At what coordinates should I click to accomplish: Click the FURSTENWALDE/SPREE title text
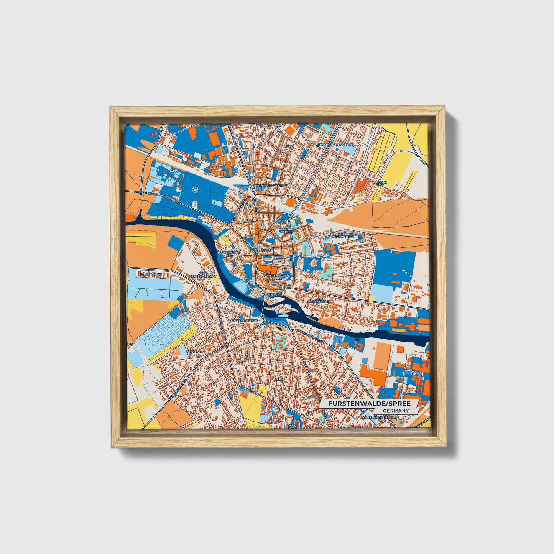(369, 403)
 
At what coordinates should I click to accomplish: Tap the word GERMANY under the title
(396, 411)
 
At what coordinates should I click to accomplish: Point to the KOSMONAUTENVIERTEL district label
(337, 145)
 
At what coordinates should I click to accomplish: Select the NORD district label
(289, 146)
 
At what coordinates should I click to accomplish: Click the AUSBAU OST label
(381, 183)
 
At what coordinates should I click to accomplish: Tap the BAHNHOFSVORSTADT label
(271, 186)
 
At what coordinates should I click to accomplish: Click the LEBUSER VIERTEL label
(286, 231)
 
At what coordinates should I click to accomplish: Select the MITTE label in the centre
(266, 250)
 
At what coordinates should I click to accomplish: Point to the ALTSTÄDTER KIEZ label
(230, 254)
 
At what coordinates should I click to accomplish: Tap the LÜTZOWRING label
(151, 274)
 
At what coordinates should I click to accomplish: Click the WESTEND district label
(194, 352)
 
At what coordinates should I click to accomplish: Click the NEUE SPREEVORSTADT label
(203, 275)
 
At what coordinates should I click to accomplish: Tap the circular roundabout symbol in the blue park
(196, 189)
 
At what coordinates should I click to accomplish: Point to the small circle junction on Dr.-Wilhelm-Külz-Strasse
(141, 192)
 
